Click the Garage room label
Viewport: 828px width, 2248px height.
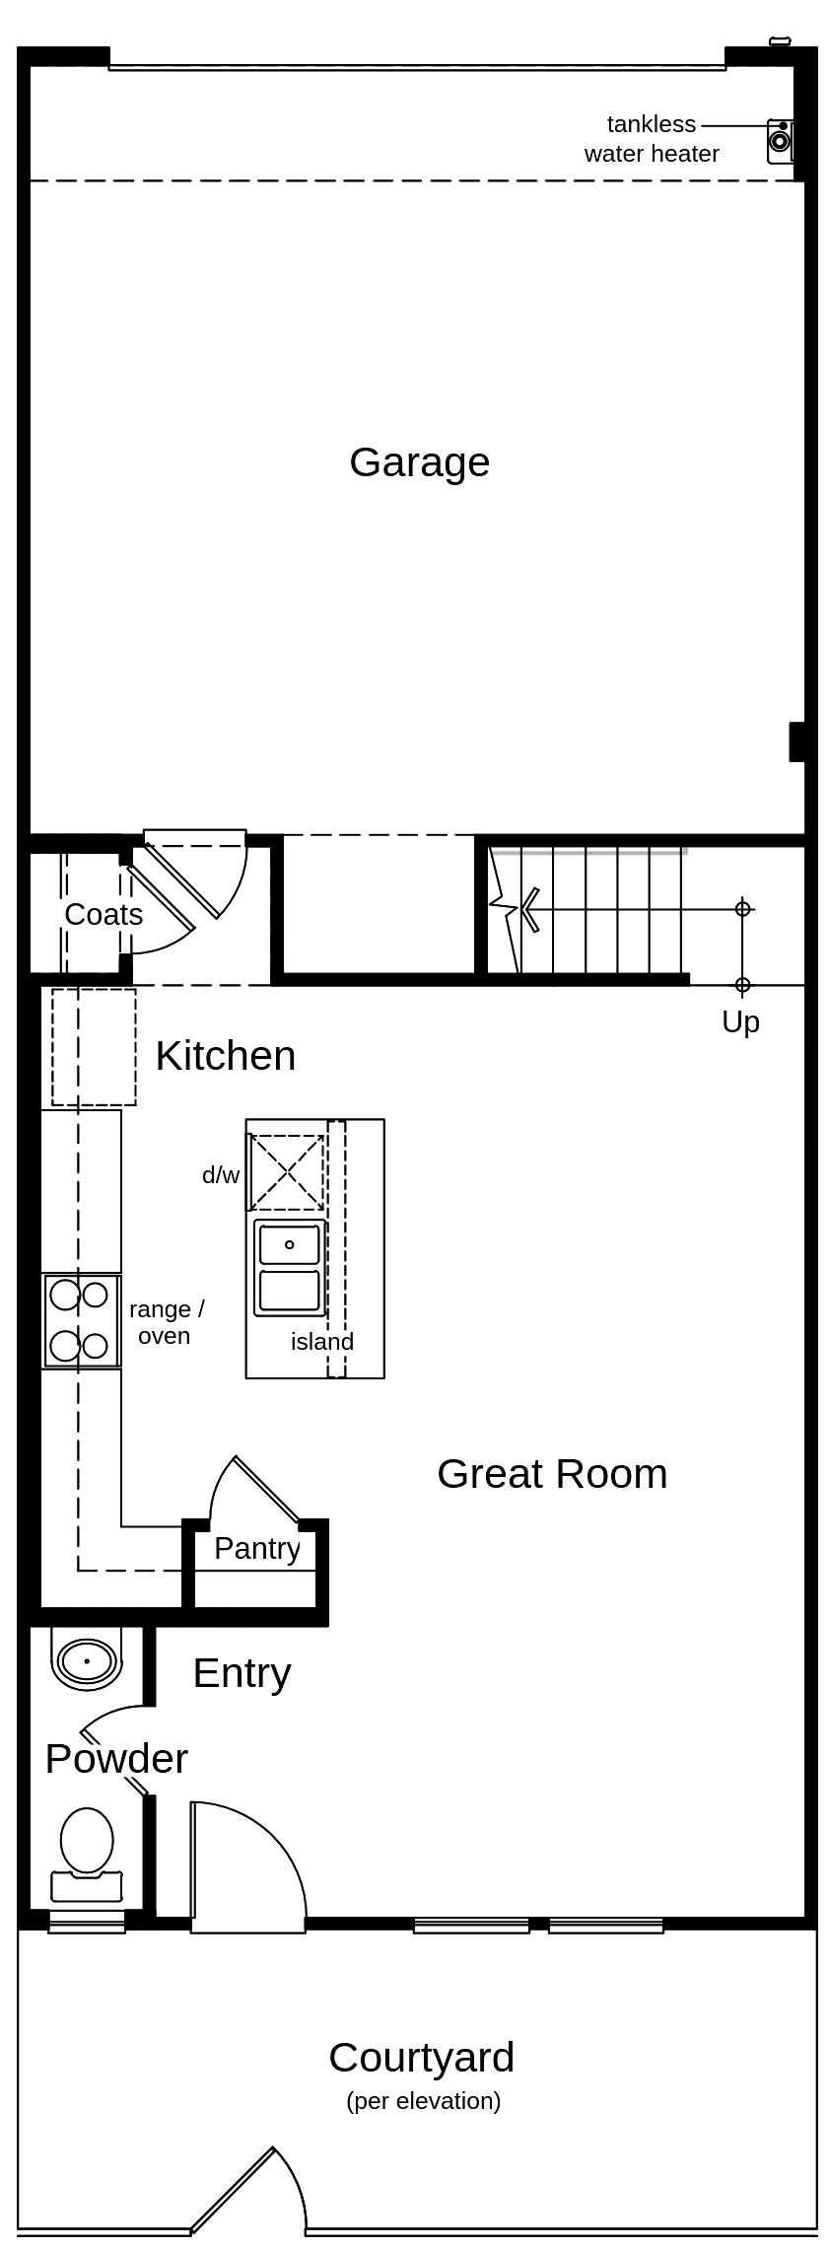tap(419, 462)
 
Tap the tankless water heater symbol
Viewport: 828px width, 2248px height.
tap(780, 141)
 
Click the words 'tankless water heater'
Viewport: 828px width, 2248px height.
tap(652, 139)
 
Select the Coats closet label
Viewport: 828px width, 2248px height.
tap(103, 914)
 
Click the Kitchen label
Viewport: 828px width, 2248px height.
tap(225, 1056)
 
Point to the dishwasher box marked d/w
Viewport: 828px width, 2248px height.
tap(286, 1172)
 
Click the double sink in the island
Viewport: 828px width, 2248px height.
tap(289, 1267)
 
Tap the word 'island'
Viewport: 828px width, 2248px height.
tap(321, 1342)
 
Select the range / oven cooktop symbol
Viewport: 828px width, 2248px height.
tap(81, 1320)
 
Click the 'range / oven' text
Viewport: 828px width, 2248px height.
tap(166, 1322)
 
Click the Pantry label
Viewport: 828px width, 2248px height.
tap(256, 1548)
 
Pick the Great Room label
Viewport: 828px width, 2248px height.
tap(552, 1474)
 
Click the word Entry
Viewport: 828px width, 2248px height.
tap(241, 1673)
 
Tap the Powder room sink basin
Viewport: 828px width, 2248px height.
tap(87, 1660)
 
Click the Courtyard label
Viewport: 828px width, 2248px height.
tap(421, 2058)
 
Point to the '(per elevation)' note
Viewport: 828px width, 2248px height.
tap(424, 2101)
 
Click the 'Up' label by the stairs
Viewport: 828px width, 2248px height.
tap(740, 1022)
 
